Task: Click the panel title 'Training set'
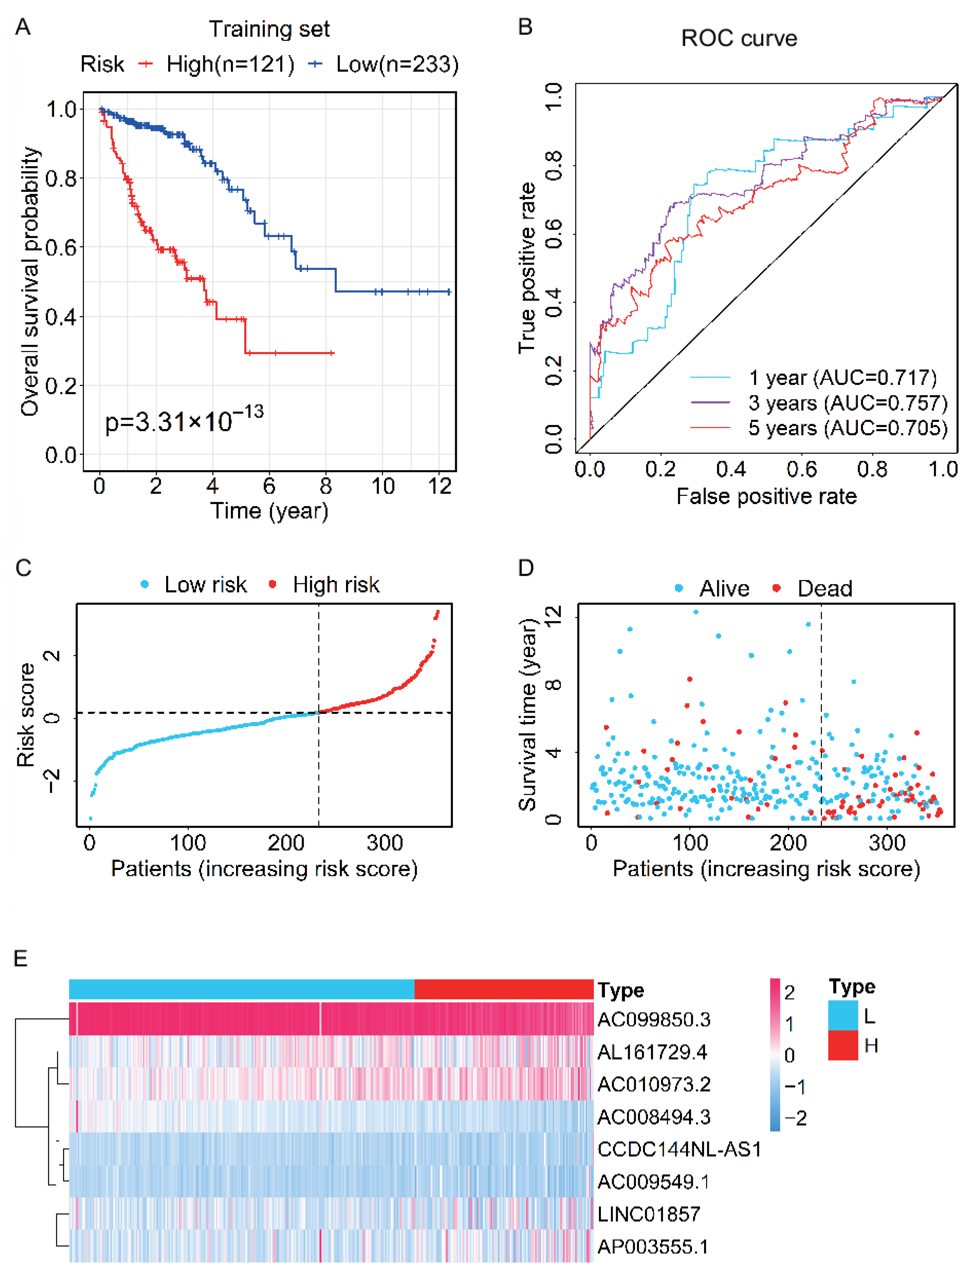(x=269, y=29)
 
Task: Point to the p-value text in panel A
(x=184, y=420)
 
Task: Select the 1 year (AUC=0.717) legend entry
(x=842, y=377)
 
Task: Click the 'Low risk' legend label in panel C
(x=205, y=584)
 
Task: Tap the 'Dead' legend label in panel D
(x=824, y=588)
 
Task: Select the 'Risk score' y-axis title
(x=26, y=715)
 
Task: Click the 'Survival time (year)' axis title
(x=527, y=715)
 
